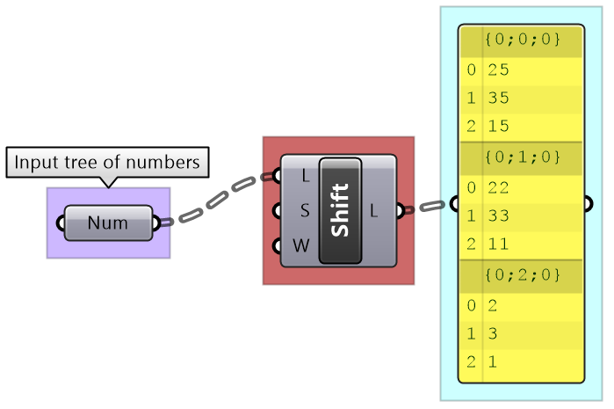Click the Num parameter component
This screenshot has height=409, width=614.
108,223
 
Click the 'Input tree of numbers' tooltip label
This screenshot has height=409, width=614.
107,163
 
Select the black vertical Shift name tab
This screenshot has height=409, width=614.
341,210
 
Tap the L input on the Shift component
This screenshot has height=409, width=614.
305,176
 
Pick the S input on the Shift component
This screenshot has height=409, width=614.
305,211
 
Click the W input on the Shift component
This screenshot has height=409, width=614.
301,245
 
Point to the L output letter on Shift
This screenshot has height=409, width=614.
373,211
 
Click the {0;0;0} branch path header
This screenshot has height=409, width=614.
522,40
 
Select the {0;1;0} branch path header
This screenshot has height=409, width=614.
522,157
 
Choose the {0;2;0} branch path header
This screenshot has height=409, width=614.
522,275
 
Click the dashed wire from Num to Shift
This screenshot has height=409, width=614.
215,199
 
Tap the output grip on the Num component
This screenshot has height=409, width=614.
156,223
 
